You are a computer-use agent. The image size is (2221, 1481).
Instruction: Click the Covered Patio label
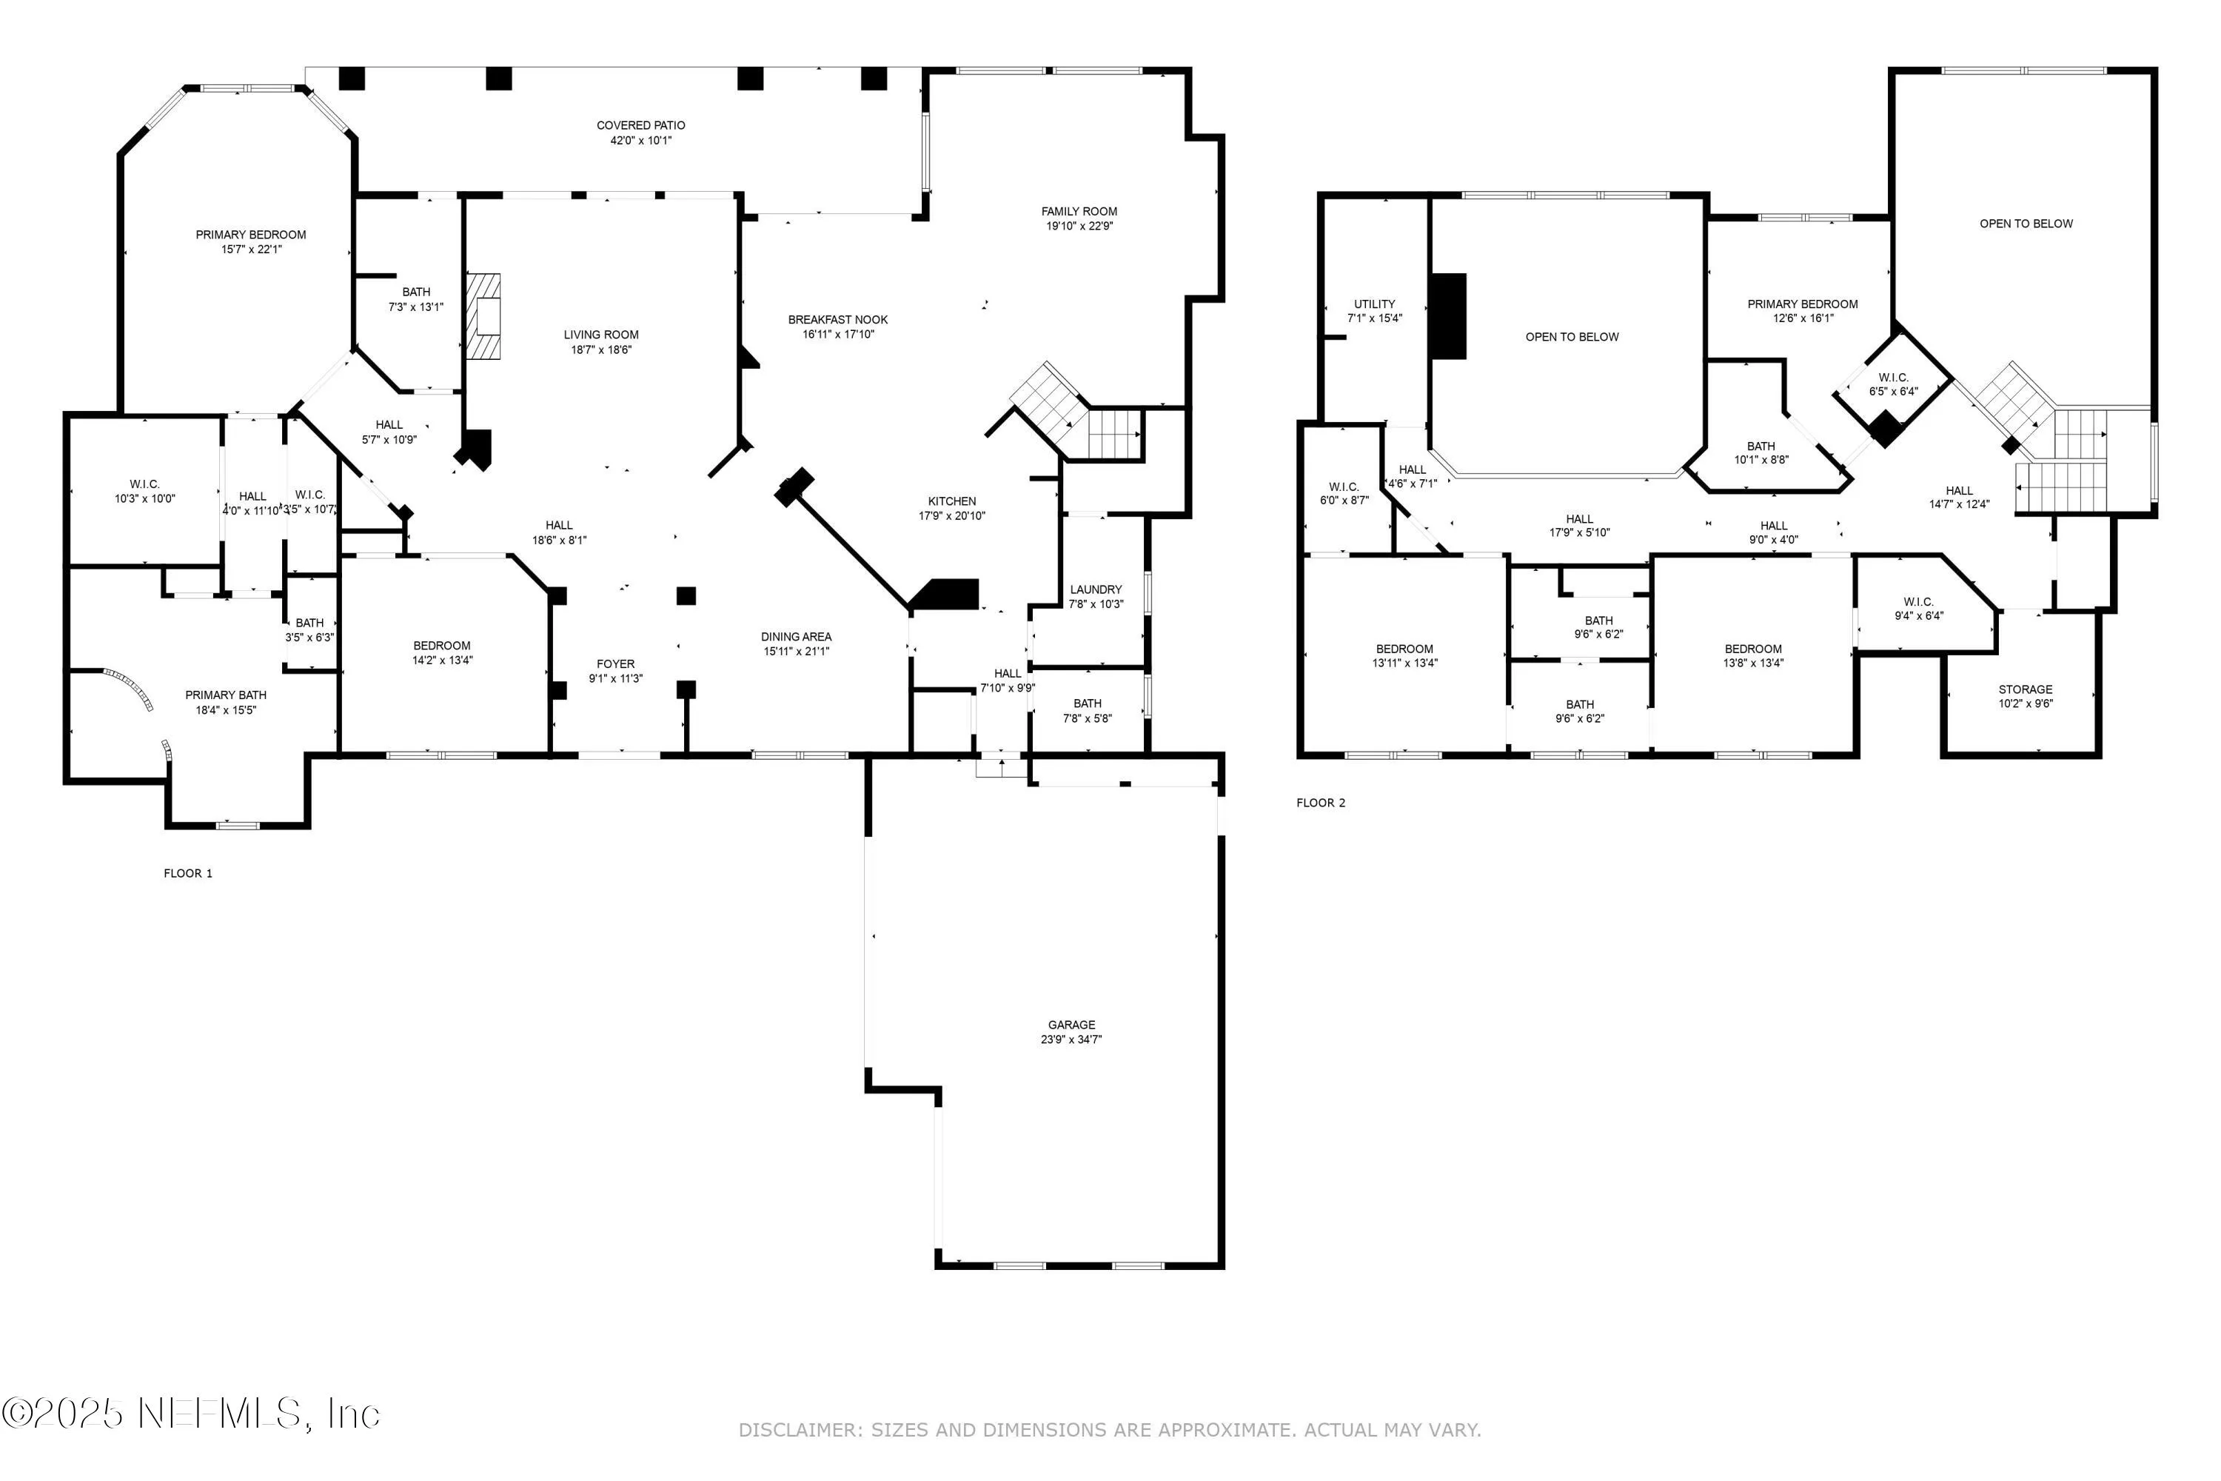[640, 124]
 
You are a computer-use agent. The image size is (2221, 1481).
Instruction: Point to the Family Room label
[1079, 212]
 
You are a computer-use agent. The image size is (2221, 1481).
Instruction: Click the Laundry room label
[1096, 589]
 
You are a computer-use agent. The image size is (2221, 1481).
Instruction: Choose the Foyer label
[616, 664]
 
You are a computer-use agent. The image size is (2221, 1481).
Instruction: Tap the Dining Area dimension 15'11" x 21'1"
[796, 651]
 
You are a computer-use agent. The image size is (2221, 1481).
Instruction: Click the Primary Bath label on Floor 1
[226, 695]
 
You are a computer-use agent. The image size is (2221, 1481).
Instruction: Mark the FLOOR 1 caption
[188, 874]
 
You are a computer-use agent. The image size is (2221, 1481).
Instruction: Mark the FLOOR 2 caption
[1320, 803]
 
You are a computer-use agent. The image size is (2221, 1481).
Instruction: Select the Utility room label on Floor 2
[1374, 304]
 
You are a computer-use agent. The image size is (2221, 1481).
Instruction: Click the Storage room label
[2025, 689]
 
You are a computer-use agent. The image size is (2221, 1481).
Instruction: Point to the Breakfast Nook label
[837, 319]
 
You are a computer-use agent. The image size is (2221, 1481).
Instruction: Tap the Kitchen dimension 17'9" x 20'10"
[952, 515]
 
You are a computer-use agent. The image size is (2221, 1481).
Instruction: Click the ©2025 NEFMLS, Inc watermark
[191, 1413]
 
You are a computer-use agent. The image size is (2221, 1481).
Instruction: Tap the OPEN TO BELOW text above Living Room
[1571, 337]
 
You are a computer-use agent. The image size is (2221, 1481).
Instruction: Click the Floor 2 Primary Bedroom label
[1802, 304]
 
